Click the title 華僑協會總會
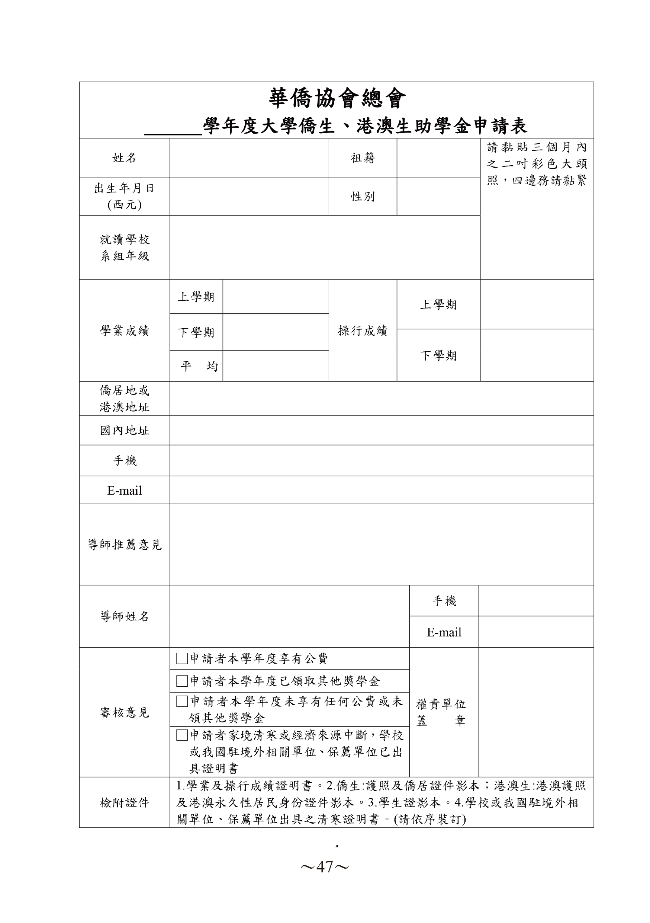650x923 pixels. (x=337, y=99)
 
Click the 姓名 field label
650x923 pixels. (x=124, y=158)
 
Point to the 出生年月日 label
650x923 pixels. (x=124, y=189)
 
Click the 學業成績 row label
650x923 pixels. (x=124, y=331)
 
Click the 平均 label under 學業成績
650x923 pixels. (x=199, y=366)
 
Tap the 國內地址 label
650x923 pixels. (x=124, y=431)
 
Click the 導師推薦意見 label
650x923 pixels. (x=124, y=545)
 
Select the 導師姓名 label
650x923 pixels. (x=124, y=616)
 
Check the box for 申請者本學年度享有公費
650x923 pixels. (x=182, y=658)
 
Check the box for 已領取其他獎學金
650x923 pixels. (x=182, y=681)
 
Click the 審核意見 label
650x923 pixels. (x=124, y=713)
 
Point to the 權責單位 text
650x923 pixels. (x=440, y=704)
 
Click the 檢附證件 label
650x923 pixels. (x=124, y=803)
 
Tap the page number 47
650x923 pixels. (x=325, y=867)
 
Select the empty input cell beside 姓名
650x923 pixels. (x=249, y=158)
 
